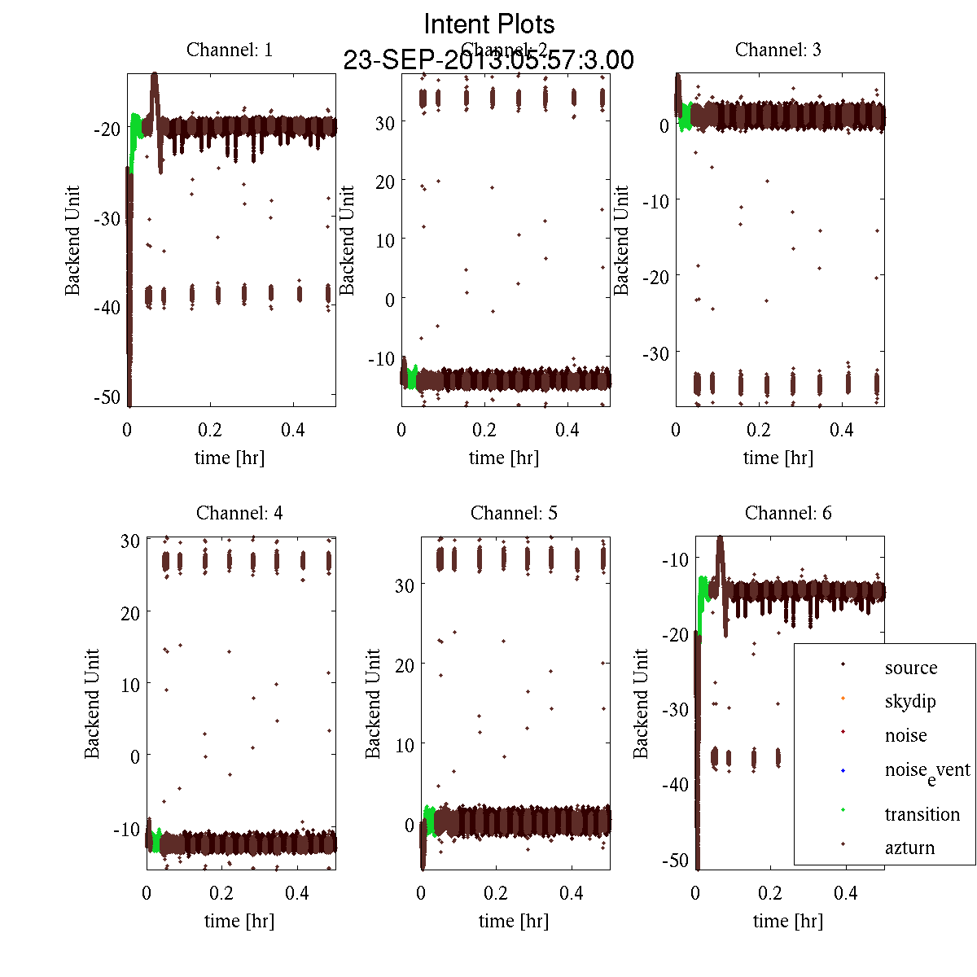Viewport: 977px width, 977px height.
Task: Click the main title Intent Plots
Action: click(489, 24)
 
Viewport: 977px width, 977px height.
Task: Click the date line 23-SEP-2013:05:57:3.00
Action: click(488, 60)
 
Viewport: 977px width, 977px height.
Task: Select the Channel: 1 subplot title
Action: click(230, 50)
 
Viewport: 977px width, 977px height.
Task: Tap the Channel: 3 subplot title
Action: click(778, 50)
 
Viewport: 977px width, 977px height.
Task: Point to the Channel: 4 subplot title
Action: click(239, 513)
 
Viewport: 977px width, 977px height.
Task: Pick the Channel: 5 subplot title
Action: click(514, 513)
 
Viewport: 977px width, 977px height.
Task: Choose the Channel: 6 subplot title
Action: click(788, 513)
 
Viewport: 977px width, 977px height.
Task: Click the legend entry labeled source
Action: click(911, 668)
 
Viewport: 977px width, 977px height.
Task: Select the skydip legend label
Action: click(910, 701)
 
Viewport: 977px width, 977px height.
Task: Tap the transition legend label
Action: click(922, 814)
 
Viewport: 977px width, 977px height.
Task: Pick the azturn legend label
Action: click(909, 848)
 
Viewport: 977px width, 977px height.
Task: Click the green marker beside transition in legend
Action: click(843, 809)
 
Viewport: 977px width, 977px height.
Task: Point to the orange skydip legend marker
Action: click(843, 698)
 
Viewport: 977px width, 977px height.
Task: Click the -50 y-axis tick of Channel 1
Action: click(107, 397)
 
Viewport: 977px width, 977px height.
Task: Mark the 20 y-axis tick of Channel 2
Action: click(384, 182)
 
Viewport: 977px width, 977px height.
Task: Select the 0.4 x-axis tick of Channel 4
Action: click(297, 893)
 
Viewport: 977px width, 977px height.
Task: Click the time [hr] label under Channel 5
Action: click(514, 921)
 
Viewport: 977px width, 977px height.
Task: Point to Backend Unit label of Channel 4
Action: click(92, 703)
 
